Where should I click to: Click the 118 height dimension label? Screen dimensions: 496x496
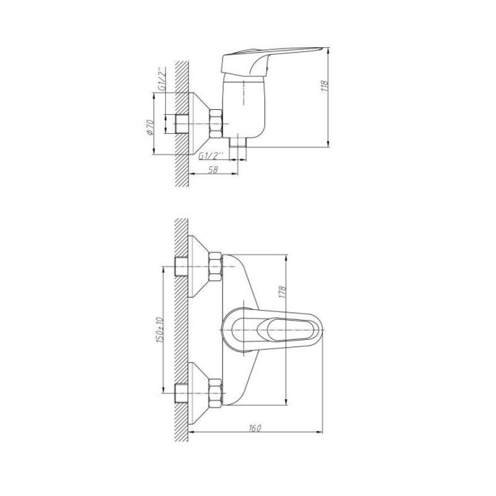[x=325, y=86]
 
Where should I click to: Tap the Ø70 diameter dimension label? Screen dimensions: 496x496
[x=149, y=128]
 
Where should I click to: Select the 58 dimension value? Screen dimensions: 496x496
[x=213, y=169]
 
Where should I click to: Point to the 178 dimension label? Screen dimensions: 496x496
[x=283, y=292]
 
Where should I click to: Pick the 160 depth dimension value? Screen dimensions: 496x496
[x=255, y=428]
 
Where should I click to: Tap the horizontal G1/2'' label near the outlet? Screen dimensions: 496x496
[x=211, y=156]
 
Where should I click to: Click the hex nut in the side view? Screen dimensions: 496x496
[x=216, y=123]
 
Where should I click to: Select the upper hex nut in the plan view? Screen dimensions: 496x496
[x=215, y=267]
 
